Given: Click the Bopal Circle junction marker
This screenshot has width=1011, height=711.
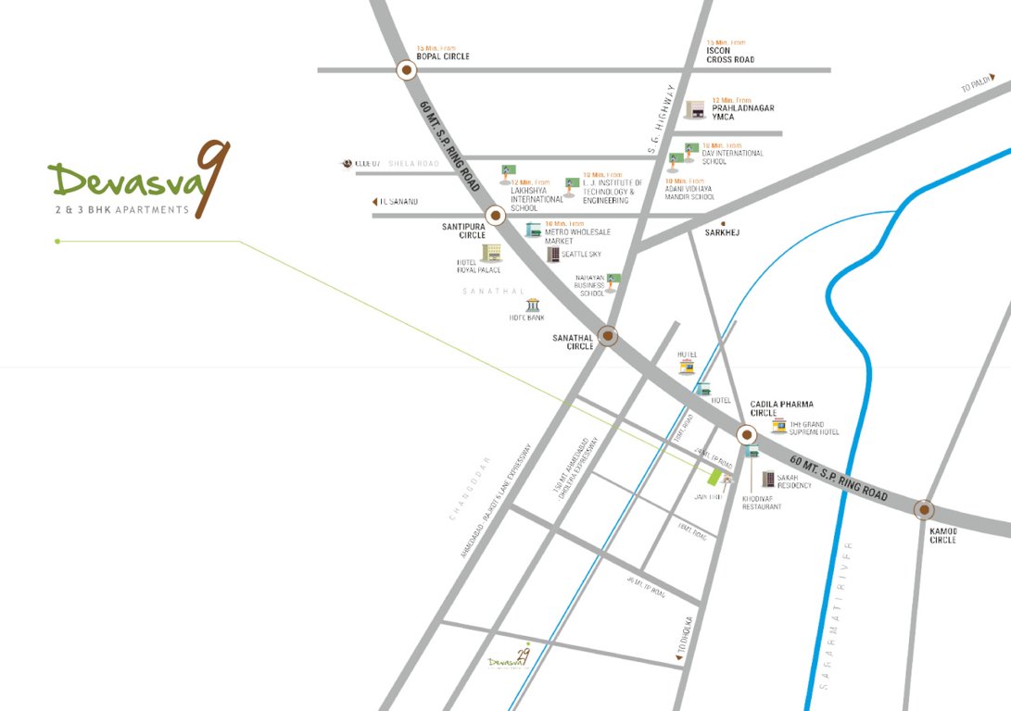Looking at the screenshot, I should coord(406,70).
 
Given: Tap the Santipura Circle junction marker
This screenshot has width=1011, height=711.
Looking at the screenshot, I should coord(495,216).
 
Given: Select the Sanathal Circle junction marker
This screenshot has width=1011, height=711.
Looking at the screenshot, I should coord(608,335).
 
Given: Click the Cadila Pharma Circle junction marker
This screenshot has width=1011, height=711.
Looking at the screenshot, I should coord(746,434).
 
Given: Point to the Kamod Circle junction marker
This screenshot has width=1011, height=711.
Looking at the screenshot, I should coord(923,509).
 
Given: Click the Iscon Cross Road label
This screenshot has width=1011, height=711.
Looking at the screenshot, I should coord(730,55).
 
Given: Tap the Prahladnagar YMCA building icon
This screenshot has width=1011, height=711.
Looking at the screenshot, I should coord(695,110).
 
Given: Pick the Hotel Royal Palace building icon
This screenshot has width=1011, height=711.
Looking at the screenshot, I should coord(491,253).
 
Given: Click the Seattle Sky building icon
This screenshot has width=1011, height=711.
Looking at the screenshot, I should coord(553,254).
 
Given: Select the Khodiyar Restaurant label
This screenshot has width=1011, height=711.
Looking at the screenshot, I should coord(762,503).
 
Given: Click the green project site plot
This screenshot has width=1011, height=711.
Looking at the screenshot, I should coord(715,477).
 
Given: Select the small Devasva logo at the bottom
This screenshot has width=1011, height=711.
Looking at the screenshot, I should coord(510,659).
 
